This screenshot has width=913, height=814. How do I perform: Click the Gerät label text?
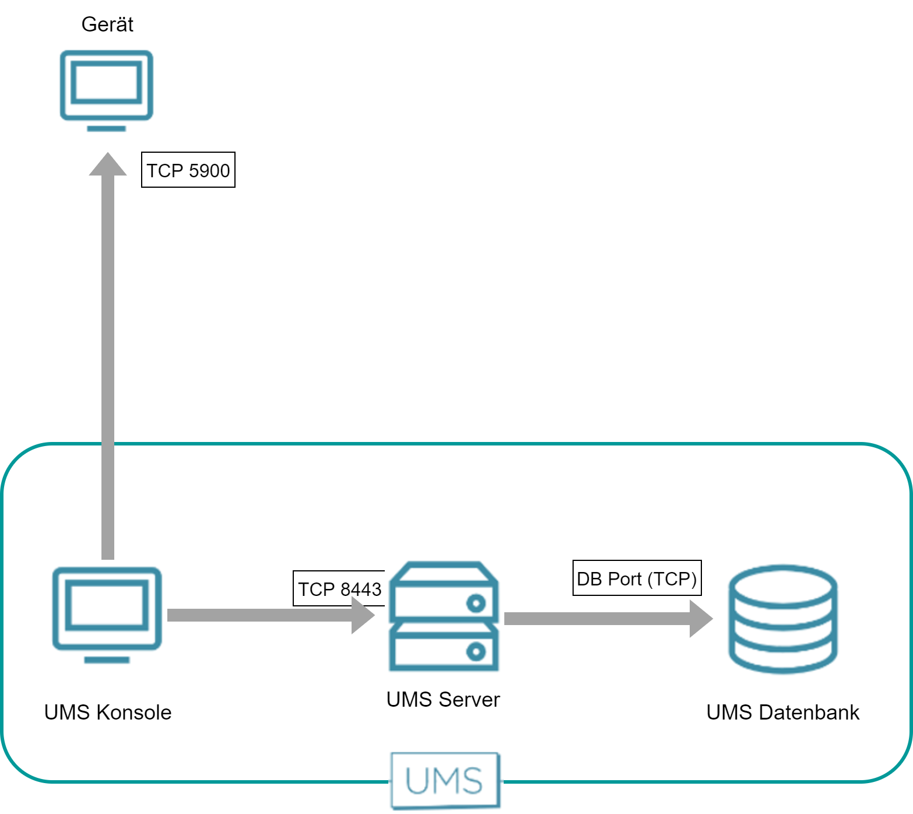pos(107,24)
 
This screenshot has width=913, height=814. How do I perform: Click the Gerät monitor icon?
pos(107,85)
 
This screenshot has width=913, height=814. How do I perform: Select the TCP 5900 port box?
pos(188,170)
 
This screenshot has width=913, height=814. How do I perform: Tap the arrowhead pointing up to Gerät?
pos(108,164)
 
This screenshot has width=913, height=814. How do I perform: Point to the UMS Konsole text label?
pos(108,712)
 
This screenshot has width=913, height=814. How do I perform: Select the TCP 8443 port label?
pos(339,589)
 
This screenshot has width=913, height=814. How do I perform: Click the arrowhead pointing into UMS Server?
pos(363,615)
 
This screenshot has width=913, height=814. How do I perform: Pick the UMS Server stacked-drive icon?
pos(444,616)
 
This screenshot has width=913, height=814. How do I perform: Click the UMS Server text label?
pos(443,699)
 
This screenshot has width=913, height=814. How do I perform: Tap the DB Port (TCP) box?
pos(637,578)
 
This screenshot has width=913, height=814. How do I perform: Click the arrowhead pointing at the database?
pos(701,619)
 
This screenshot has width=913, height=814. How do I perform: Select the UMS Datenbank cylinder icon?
pos(783,619)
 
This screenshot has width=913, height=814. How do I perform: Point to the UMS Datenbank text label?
pos(782,712)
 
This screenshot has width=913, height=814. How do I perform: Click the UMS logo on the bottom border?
pos(445,780)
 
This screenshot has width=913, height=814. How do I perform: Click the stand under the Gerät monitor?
pos(107,128)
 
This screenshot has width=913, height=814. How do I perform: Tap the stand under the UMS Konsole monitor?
pos(107,659)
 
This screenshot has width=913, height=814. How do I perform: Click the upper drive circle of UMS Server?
pos(476,604)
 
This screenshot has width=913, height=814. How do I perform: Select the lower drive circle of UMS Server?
pos(476,651)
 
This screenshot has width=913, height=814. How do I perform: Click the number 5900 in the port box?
pos(209,170)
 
